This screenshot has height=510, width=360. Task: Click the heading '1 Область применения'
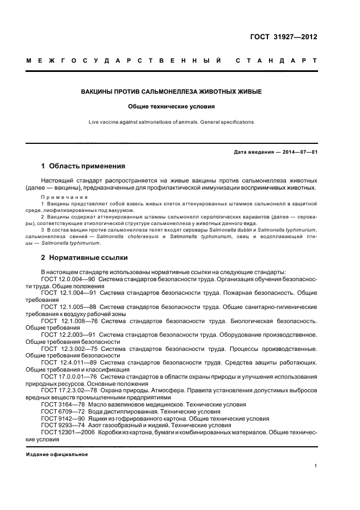83,166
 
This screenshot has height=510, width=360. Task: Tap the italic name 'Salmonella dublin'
227,231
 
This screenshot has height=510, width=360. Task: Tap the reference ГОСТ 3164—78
62,404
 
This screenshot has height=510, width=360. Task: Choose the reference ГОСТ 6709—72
62,411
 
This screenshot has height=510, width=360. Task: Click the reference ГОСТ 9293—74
62,425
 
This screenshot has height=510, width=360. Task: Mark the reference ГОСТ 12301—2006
65,432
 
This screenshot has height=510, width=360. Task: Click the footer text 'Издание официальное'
57,454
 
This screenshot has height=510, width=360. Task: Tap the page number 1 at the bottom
315,466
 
